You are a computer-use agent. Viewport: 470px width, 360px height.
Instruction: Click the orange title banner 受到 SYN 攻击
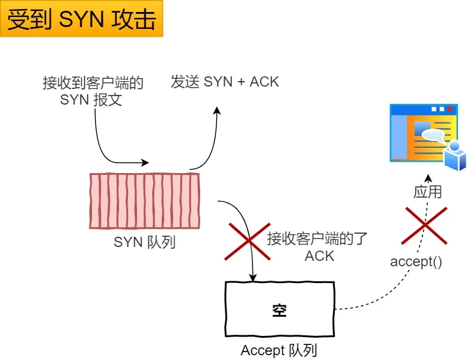click(x=82, y=19)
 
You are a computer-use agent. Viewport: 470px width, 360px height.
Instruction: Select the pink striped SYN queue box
click(x=144, y=201)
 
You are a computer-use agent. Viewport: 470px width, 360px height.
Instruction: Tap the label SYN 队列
click(x=144, y=243)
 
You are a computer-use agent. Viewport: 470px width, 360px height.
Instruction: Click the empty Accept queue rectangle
click(x=279, y=310)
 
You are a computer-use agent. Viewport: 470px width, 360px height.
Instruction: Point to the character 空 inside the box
click(x=279, y=310)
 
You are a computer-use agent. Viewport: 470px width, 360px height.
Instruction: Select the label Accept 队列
click(x=279, y=350)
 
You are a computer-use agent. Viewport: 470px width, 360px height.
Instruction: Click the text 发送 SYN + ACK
click(x=225, y=82)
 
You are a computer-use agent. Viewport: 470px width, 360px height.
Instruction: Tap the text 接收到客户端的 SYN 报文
click(x=93, y=91)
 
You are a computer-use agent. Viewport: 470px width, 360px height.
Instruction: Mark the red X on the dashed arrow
click(x=426, y=225)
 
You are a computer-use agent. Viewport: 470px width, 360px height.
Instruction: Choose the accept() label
click(x=417, y=261)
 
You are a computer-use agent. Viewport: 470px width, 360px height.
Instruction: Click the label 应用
click(x=428, y=192)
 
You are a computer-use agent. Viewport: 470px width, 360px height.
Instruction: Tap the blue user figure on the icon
click(x=455, y=156)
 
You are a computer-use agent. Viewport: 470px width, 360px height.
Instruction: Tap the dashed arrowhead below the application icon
click(x=428, y=178)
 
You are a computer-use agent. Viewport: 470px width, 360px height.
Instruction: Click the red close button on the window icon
click(x=450, y=109)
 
